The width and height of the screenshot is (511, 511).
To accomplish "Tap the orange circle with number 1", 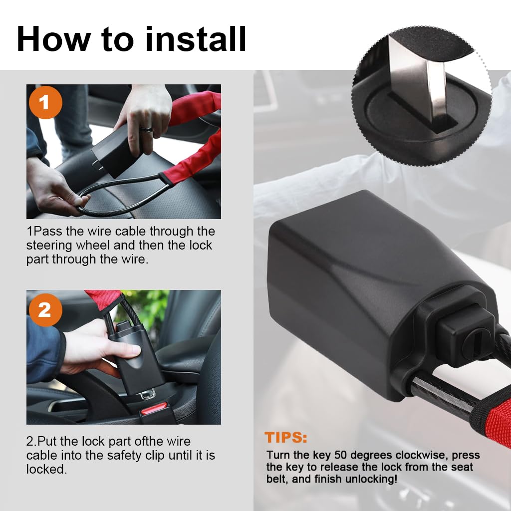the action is pos(45,103).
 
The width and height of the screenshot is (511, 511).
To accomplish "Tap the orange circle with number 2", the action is pos(45,310).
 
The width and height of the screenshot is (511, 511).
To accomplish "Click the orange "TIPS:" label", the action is pos(286,437).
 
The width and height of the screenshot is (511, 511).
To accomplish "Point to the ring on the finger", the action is pos(146,130).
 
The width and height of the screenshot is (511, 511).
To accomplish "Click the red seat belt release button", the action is pos(154,408).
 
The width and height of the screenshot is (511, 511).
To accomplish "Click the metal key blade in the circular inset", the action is pos(416,78).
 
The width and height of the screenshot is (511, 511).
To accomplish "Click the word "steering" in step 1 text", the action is pos(49,246).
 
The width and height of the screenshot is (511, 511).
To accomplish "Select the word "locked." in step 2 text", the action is pos(46,469).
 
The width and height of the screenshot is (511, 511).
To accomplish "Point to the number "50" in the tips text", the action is pos(340,455).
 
